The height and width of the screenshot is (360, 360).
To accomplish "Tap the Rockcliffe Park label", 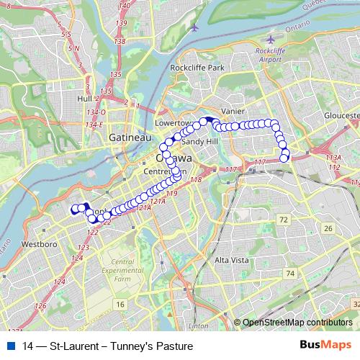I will (197, 68).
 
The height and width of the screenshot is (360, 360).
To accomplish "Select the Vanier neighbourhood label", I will (233, 111).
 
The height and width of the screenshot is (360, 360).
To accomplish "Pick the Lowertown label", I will (171, 123).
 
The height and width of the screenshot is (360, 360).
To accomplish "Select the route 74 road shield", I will (289, 274).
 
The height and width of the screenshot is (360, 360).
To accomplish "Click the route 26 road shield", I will (328, 228).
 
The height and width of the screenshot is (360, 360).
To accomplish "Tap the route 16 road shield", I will (121, 305).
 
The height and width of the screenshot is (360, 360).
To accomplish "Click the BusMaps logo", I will (326, 346).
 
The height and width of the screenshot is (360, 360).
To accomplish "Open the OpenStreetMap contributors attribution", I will (297, 323).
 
